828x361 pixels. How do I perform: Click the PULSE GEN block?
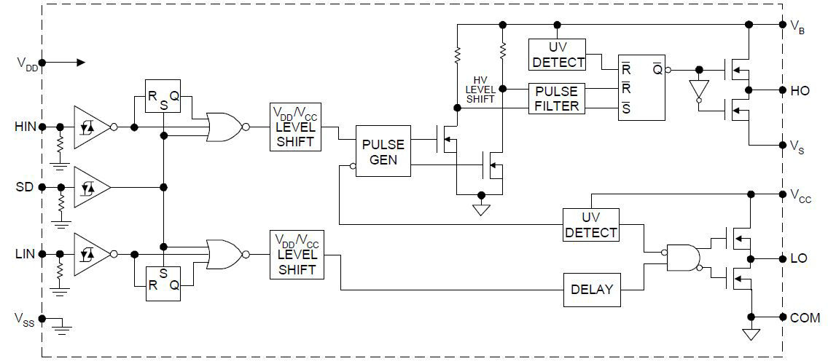pyautogui.click(x=383, y=151)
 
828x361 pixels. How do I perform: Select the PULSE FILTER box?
pyautogui.click(x=556, y=99)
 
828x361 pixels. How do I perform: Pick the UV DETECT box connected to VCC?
pyautogui.click(x=590, y=225)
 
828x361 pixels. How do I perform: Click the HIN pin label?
pyautogui.click(x=25, y=127)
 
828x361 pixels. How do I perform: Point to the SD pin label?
pyautogui.click(x=25, y=187)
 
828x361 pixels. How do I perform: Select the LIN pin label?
pyautogui.click(x=25, y=254)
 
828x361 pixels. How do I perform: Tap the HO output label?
pyautogui.click(x=800, y=91)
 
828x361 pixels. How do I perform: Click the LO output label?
pyautogui.click(x=799, y=258)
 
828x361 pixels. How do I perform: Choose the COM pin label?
pyautogui.click(x=804, y=317)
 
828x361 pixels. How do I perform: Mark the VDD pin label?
pyautogui.click(x=27, y=64)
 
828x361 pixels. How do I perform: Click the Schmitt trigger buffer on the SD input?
pyautogui.click(x=90, y=187)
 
